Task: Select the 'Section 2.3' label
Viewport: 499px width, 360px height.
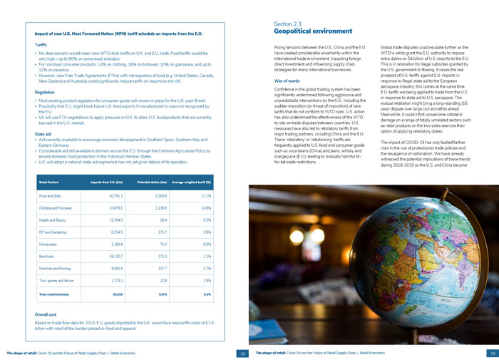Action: click(288, 24)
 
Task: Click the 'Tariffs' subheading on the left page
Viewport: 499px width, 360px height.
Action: click(41, 44)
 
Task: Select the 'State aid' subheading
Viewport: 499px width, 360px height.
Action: click(43, 133)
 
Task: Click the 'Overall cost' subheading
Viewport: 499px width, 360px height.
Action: click(46, 314)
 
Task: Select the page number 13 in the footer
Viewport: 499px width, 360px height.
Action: click(492, 353)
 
